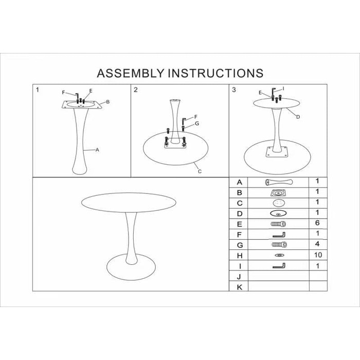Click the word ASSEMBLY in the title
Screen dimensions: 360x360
(x=131, y=73)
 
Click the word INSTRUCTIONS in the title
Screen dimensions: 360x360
(x=216, y=73)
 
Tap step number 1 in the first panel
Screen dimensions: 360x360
(x=38, y=90)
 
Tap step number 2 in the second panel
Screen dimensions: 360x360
(x=136, y=90)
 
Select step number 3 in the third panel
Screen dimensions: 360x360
(x=234, y=90)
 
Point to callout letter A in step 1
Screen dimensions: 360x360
(x=97, y=150)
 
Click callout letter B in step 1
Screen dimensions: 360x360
(x=107, y=102)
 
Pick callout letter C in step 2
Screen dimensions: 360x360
(x=200, y=171)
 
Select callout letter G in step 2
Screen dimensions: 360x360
(x=197, y=123)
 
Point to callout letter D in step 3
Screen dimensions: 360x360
(x=298, y=117)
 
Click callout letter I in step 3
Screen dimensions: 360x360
(x=283, y=88)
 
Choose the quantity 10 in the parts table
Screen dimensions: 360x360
(x=318, y=255)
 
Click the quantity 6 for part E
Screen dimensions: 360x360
(x=317, y=223)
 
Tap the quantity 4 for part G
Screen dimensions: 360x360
(x=317, y=244)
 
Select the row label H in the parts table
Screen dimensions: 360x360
(x=240, y=256)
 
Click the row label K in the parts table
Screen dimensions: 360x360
(x=240, y=287)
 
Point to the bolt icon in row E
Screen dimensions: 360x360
(x=278, y=224)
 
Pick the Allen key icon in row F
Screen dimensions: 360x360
(x=279, y=235)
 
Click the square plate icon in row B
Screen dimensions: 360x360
(x=278, y=193)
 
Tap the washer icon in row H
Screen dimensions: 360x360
(x=279, y=255)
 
